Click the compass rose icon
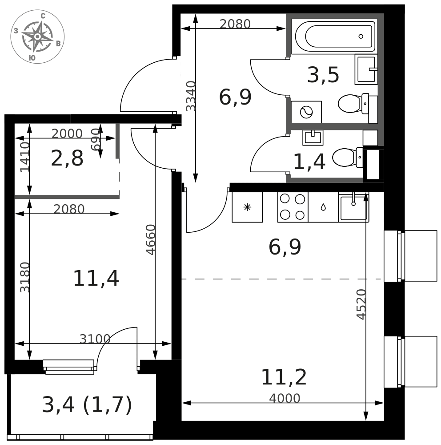pyautogui.click(x=37, y=36)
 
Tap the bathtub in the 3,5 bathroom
pyautogui.click(x=335, y=36)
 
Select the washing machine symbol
pyautogui.click(x=306, y=112)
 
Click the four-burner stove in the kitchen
pyautogui.click(x=293, y=207)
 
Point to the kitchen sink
pyautogui.click(x=354, y=207)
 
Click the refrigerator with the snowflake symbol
pyautogui.click(x=247, y=207)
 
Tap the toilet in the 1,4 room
pyautogui.click(x=348, y=157)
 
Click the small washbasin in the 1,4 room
pyautogui.click(x=313, y=138)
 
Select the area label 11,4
pyautogui.click(x=96, y=279)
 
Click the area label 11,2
pyautogui.click(x=284, y=377)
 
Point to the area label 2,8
pyautogui.click(x=67, y=158)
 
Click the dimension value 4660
pyautogui.click(x=150, y=240)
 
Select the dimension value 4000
pyautogui.click(x=285, y=398)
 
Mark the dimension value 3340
pyautogui.click(x=191, y=96)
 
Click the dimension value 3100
pyautogui.click(x=95, y=339)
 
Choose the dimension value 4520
pyautogui.click(x=361, y=304)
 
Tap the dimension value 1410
pyautogui.click(x=25, y=157)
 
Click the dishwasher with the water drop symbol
pyautogui.click(x=323, y=207)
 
